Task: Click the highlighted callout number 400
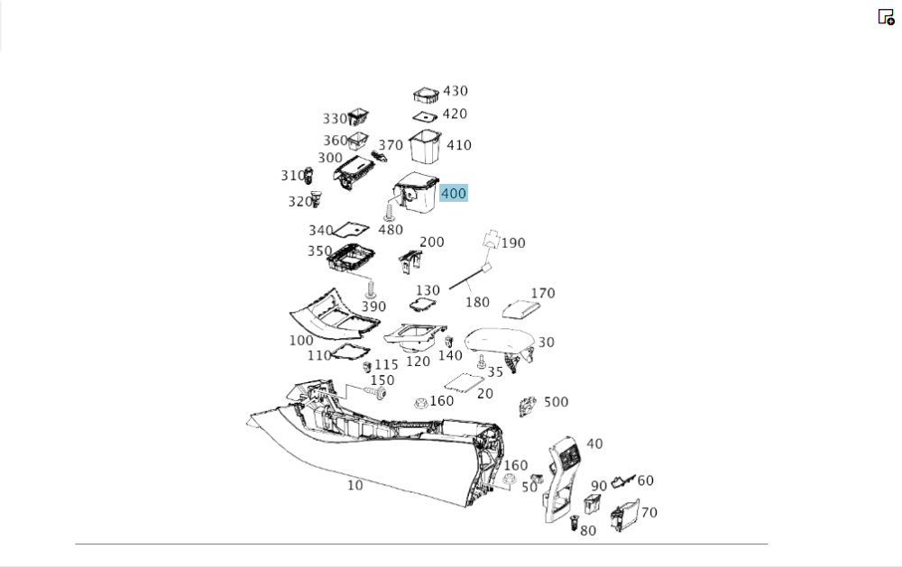454,193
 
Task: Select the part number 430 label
455,91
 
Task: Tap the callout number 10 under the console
354,485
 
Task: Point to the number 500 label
556,402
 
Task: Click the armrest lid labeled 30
498,340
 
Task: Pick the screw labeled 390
371,288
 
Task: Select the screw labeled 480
388,212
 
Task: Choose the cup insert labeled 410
425,147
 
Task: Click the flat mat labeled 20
464,384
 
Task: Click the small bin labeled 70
625,515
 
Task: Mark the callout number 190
513,243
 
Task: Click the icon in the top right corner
886,16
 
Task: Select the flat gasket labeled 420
425,117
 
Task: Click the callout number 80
588,531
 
